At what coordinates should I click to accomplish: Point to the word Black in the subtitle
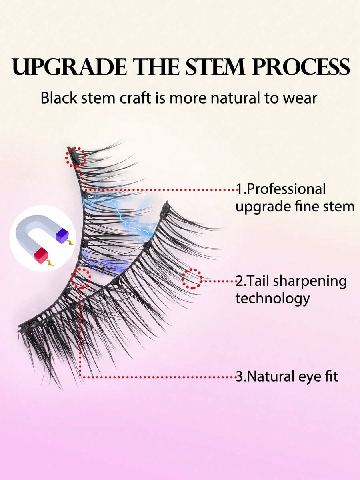pos(59,98)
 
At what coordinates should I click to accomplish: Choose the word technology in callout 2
pos(272,299)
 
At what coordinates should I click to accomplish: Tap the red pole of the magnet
pos(41,255)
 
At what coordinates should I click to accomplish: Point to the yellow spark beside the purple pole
pos(71,243)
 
